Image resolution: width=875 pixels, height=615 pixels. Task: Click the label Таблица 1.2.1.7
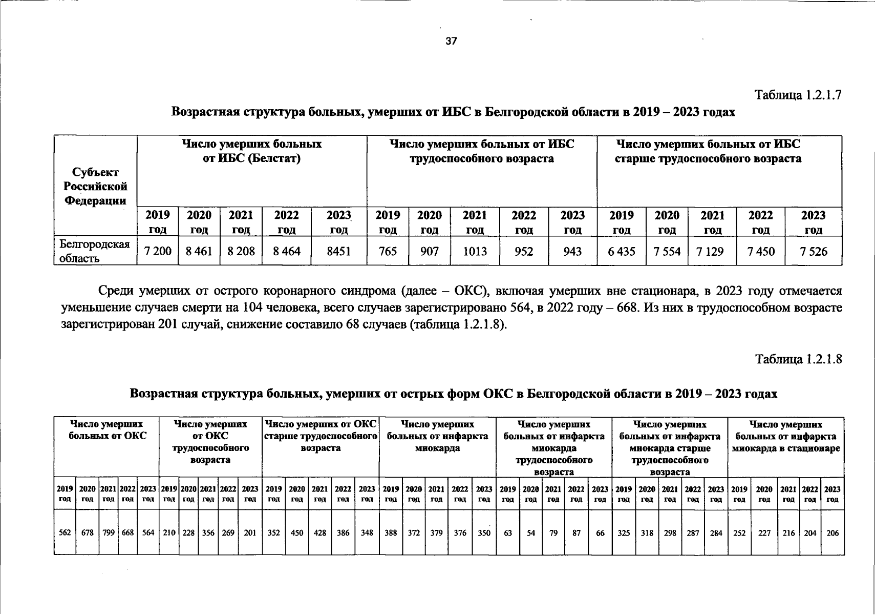click(x=798, y=95)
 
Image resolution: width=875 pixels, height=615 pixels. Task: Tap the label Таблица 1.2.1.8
click(x=798, y=359)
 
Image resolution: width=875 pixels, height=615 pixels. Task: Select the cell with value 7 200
click(x=158, y=251)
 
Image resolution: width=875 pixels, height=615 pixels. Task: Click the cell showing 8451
click(x=339, y=251)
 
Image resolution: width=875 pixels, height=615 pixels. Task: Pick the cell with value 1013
click(x=475, y=251)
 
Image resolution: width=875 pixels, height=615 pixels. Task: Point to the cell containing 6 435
click(x=622, y=251)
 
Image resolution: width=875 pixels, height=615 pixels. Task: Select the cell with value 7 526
click(x=813, y=251)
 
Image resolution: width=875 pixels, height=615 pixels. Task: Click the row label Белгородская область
click(x=95, y=251)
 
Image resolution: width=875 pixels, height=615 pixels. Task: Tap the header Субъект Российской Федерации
click(x=95, y=187)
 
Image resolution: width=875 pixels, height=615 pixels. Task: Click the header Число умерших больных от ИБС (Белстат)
click(x=251, y=151)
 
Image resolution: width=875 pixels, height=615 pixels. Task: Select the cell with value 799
click(x=109, y=532)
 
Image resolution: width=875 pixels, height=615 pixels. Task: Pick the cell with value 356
click(x=208, y=532)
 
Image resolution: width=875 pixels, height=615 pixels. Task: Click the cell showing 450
click(x=297, y=532)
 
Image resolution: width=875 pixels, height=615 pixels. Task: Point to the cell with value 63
click(x=507, y=532)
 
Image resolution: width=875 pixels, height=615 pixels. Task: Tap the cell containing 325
click(x=623, y=532)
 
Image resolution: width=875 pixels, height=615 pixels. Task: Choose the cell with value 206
click(x=833, y=532)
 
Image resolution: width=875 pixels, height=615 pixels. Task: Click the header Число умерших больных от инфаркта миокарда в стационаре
click(x=785, y=437)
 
